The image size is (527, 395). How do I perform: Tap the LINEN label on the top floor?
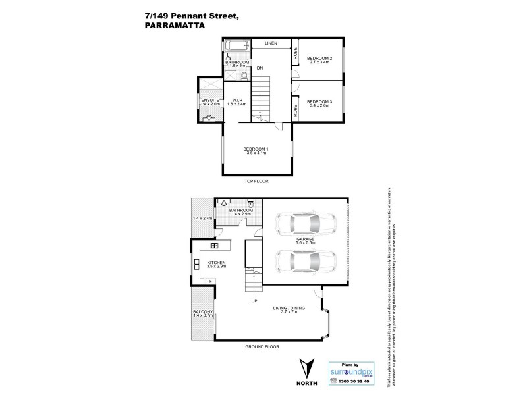[270, 43]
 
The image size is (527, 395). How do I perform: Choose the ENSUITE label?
[210, 101]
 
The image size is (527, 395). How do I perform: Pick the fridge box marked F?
[210, 282]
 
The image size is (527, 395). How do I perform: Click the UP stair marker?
[254, 302]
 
